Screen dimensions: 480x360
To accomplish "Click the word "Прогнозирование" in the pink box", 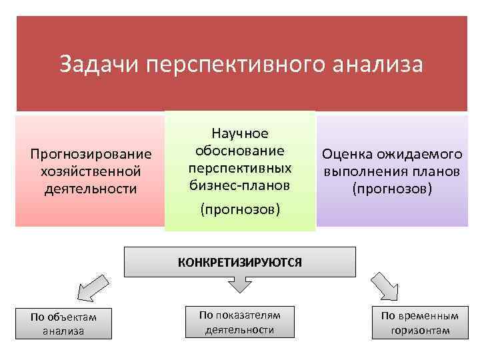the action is coord(91,155).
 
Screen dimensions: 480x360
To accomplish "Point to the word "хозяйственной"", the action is coord(91,171).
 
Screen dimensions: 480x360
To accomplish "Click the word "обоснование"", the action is coord(239,150).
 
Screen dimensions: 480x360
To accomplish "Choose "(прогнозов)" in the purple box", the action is coord(393,189).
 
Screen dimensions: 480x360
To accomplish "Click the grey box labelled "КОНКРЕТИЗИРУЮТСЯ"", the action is coord(239,262).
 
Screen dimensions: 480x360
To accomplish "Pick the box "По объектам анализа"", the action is coord(63,323).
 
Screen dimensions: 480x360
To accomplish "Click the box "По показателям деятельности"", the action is coord(239,322).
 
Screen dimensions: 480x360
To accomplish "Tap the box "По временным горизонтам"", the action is coord(420,323).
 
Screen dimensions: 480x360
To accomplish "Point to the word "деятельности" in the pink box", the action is coord(91,189).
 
